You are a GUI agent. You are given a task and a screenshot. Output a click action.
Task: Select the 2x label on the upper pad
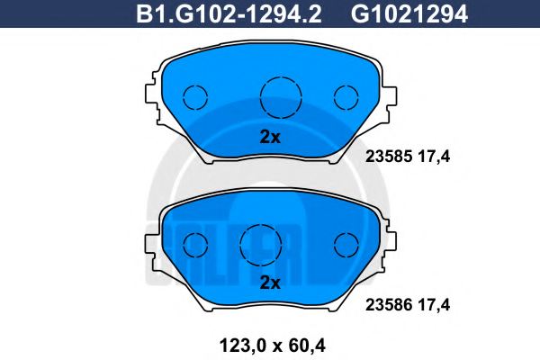[x=270, y=138]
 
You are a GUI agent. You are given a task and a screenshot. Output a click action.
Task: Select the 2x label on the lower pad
[x=270, y=283]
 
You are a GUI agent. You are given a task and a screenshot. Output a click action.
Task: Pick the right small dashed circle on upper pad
[x=346, y=96]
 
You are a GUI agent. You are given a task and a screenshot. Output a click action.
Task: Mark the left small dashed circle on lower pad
[x=195, y=243]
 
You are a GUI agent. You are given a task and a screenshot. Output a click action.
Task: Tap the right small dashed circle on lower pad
[x=346, y=243]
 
